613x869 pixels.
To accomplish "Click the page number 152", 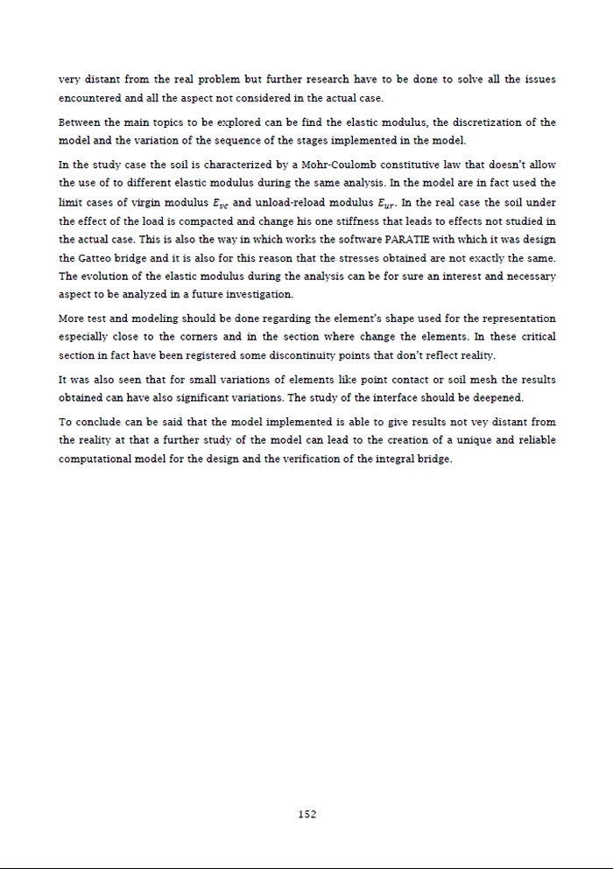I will click(306, 814).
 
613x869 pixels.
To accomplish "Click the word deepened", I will click(497, 398).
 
